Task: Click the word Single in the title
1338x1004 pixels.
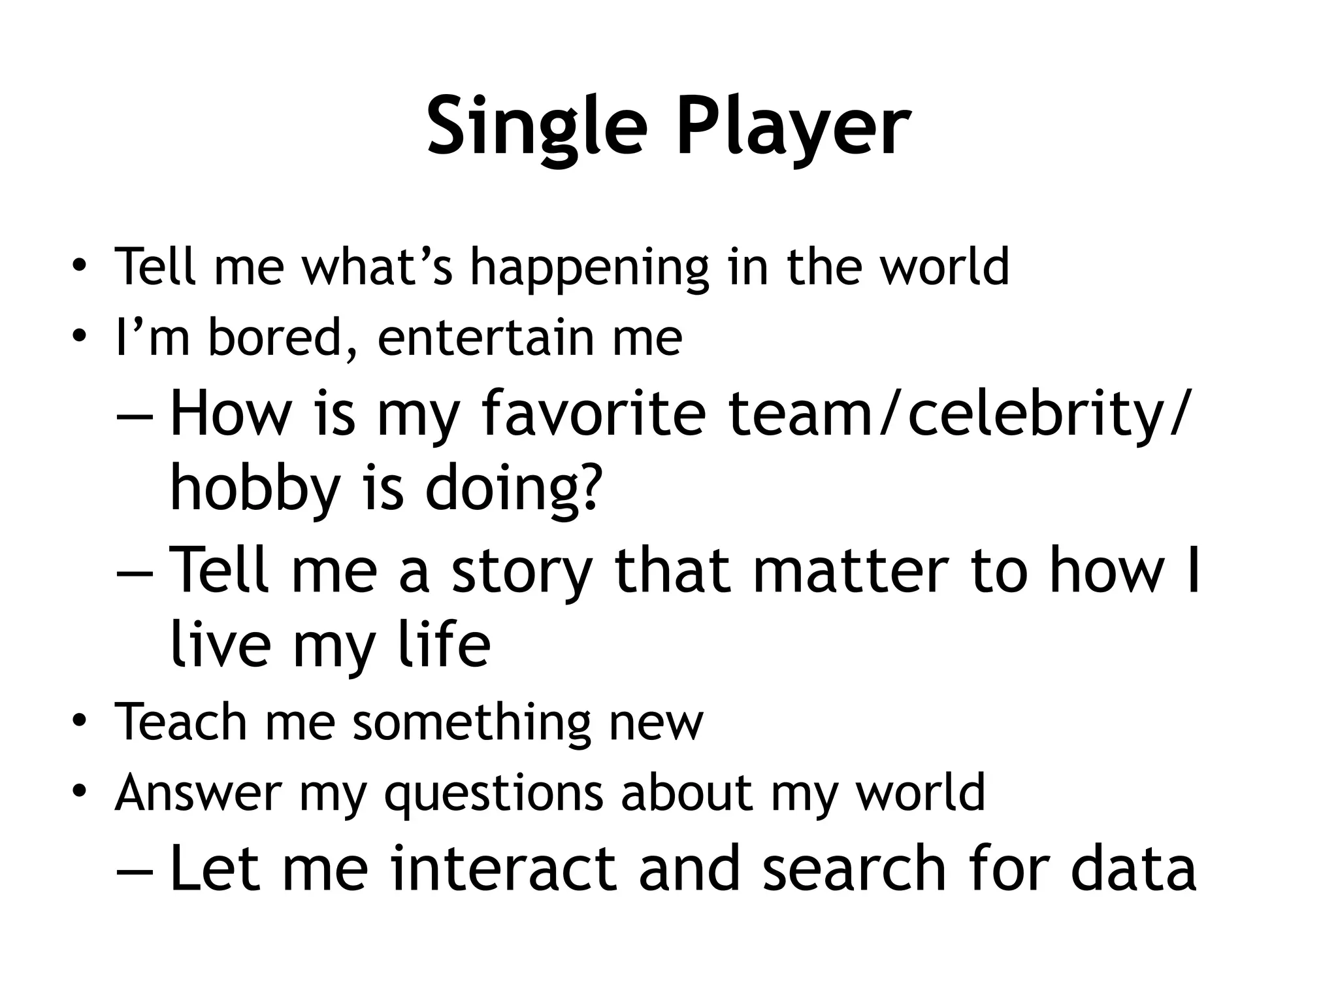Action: point(537,127)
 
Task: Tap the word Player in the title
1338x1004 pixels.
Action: point(792,127)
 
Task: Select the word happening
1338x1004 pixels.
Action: point(589,268)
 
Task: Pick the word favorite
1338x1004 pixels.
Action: point(594,414)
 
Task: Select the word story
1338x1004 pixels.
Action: point(521,570)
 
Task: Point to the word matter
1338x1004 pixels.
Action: point(851,570)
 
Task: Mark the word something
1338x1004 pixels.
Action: point(472,723)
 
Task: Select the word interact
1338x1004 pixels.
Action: point(503,869)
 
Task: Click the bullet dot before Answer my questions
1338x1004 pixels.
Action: point(80,792)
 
